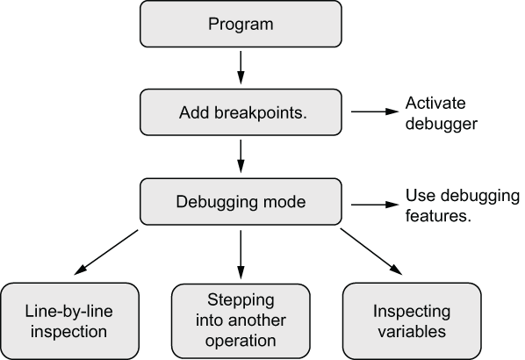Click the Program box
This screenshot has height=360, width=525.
click(x=241, y=24)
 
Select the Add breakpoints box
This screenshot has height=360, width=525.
click(x=241, y=112)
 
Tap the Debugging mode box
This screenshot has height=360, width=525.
click(x=241, y=202)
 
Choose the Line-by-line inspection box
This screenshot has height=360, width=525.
click(x=69, y=320)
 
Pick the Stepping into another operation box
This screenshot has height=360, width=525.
click(x=241, y=320)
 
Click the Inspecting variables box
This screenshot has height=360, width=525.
click(x=412, y=320)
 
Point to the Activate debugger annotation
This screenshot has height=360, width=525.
click(x=441, y=113)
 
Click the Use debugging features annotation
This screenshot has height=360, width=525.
click(x=463, y=205)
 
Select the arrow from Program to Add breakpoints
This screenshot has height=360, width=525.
click(x=241, y=68)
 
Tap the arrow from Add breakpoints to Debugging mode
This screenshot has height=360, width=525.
click(x=241, y=156)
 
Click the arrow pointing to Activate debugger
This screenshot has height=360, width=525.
click(x=375, y=112)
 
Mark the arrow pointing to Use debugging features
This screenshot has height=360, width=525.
click(x=375, y=205)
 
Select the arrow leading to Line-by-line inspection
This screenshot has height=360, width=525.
click(x=106, y=252)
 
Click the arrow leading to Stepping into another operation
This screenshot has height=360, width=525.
click(x=241, y=255)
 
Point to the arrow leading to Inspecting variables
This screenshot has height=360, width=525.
click(x=371, y=251)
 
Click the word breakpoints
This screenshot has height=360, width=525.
click(x=261, y=112)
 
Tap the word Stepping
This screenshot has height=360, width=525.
click(x=241, y=300)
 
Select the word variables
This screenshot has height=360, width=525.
click(x=412, y=332)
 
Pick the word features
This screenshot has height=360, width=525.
click(x=438, y=216)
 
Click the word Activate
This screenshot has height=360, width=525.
click(x=435, y=103)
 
